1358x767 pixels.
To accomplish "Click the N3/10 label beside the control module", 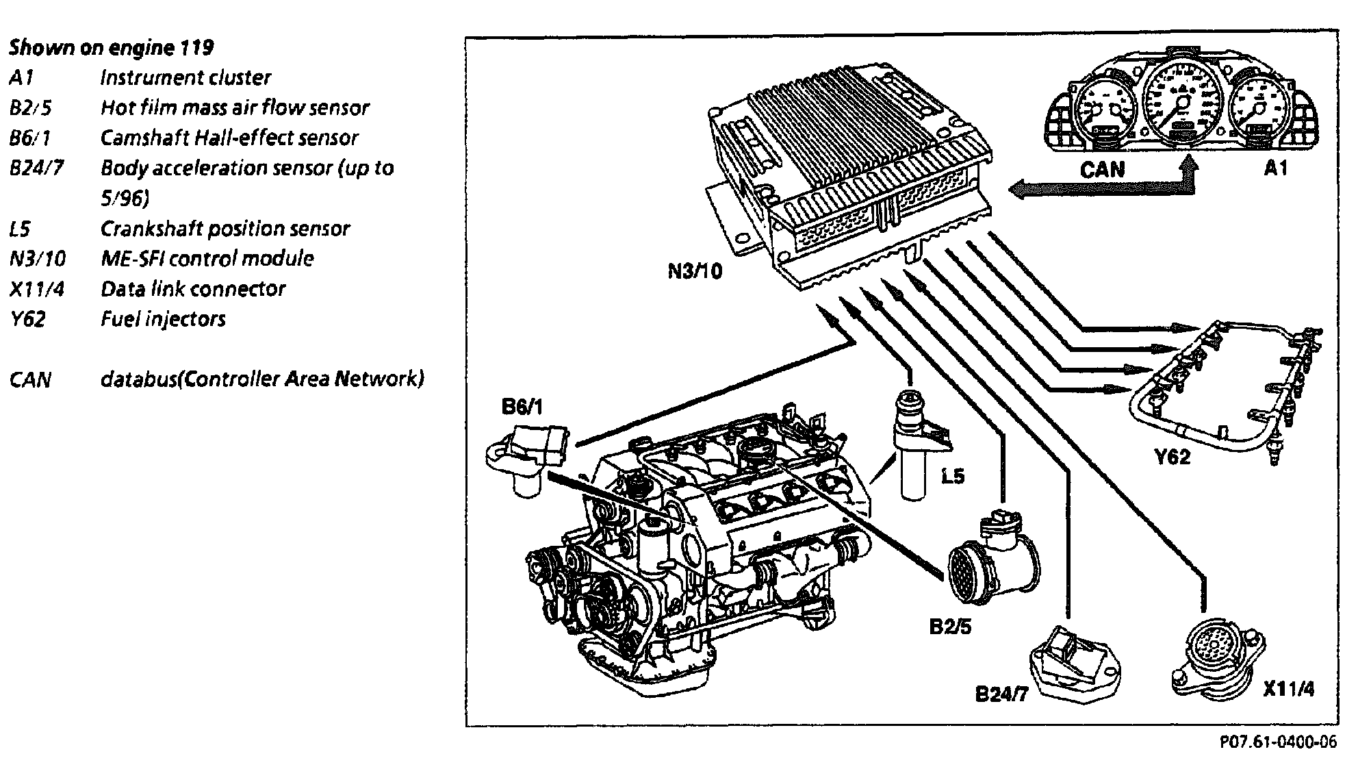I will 695,272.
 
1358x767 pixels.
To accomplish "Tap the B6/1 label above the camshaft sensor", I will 522,407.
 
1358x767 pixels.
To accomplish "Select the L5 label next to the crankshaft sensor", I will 952,477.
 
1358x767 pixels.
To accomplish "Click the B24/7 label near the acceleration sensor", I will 1001,694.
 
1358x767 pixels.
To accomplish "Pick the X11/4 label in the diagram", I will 1289,688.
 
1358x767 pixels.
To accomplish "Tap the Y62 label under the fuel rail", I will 1173,457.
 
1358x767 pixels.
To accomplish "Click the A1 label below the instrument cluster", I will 1275,168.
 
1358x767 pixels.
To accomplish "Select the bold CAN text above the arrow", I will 1102,169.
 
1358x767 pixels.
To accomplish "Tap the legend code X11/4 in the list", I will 37,289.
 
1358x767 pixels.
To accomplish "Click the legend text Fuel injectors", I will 163,319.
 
